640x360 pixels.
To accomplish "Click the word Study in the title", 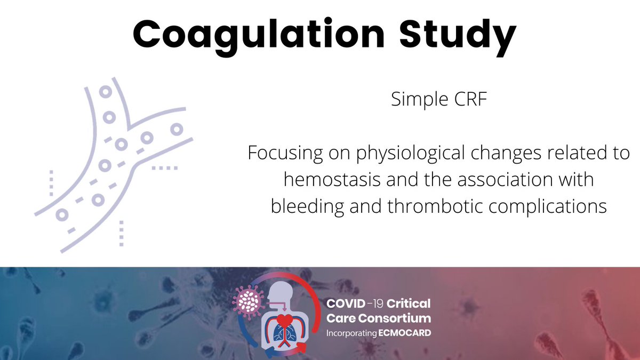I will click(458, 34).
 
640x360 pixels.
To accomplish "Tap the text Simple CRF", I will click(439, 100).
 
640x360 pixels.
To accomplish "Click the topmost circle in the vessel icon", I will click(105, 92).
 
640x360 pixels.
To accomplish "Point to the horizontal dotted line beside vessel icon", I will click(165, 168).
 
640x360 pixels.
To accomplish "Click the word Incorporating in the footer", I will click(353, 332).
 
